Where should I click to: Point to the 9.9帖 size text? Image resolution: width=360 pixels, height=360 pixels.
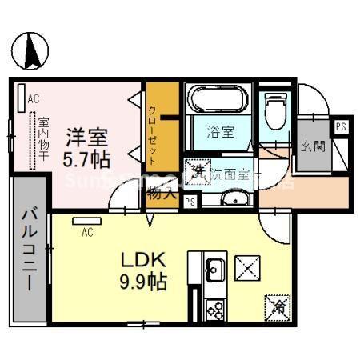click(x=144, y=283)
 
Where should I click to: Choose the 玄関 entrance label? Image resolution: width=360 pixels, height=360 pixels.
click(x=311, y=146)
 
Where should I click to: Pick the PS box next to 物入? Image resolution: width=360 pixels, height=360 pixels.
click(x=190, y=202)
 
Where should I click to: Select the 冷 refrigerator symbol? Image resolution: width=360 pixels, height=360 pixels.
click(x=275, y=304)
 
